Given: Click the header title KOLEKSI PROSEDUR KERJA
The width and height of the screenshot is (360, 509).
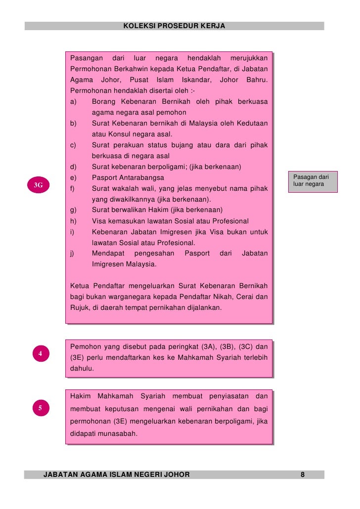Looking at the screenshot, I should [x=174, y=26].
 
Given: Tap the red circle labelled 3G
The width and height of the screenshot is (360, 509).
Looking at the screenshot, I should [x=38, y=185].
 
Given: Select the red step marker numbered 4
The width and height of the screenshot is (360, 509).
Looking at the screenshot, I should [x=40, y=354].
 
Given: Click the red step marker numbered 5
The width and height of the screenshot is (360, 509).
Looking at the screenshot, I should [x=40, y=408].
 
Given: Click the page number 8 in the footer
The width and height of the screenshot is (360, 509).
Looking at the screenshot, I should [x=303, y=475].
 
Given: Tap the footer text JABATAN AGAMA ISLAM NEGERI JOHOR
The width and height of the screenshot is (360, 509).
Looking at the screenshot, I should [x=117, y=475].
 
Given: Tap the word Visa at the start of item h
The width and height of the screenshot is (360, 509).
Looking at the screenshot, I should [x=100, y=221].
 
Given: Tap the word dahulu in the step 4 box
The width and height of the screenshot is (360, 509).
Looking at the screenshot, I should [x=83, y=368].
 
